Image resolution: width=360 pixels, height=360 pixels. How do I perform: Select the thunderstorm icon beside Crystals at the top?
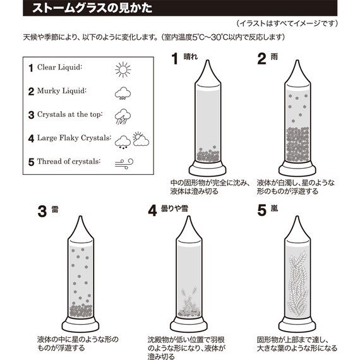coord(123,116)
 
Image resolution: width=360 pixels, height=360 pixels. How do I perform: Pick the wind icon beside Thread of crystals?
coord(123,162)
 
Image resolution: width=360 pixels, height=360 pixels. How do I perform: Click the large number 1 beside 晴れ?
coord(178,60)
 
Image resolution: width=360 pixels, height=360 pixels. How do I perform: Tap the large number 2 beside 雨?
coord(263,60)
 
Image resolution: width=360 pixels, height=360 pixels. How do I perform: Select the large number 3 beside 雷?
coord(42,212)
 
